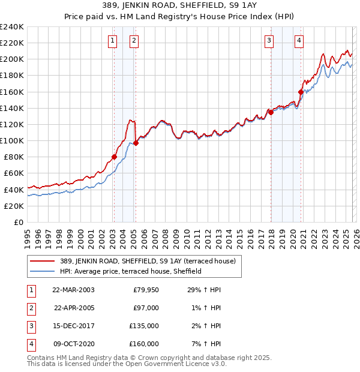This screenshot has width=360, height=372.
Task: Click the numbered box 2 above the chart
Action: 133,41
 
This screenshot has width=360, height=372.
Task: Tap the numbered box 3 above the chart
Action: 269,41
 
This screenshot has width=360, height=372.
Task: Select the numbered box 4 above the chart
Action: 299,41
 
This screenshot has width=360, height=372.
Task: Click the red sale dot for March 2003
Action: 114,157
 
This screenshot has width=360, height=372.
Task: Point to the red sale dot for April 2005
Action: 136,143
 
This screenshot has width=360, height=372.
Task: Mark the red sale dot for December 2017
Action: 271,112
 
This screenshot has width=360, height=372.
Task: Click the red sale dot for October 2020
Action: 301,92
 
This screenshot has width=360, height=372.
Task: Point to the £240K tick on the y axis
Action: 12,27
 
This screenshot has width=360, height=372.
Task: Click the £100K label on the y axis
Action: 12,140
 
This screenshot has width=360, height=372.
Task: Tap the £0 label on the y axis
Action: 18,222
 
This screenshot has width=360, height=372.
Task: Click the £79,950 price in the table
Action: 145,289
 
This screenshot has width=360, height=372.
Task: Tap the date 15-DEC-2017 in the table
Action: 73,326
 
